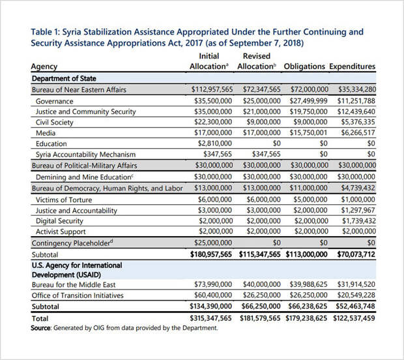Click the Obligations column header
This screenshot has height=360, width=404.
pyautogui.click(x=305, y=66)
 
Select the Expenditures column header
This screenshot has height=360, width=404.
pyautogui.click(x=353, y=66)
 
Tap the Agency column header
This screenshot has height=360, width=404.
pyautogui.click(x=44, y=67)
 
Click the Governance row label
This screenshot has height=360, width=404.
pyautogui.click(x=55, y=101)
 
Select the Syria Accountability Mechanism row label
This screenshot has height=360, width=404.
pyautogui.click(x=86, y=154)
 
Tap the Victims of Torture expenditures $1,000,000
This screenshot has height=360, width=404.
pyautogui.click(x=356, y=200)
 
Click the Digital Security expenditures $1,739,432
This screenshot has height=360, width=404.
pyautogui.click(x=356, y=221)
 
